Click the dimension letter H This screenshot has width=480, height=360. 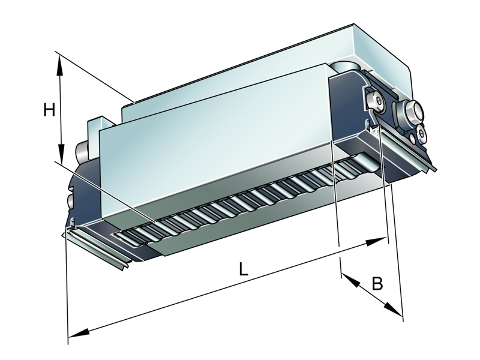(49, 110)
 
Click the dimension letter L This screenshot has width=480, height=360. (242, 269)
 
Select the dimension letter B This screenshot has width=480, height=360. (377, 283)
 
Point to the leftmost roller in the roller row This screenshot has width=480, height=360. (129, 237)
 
